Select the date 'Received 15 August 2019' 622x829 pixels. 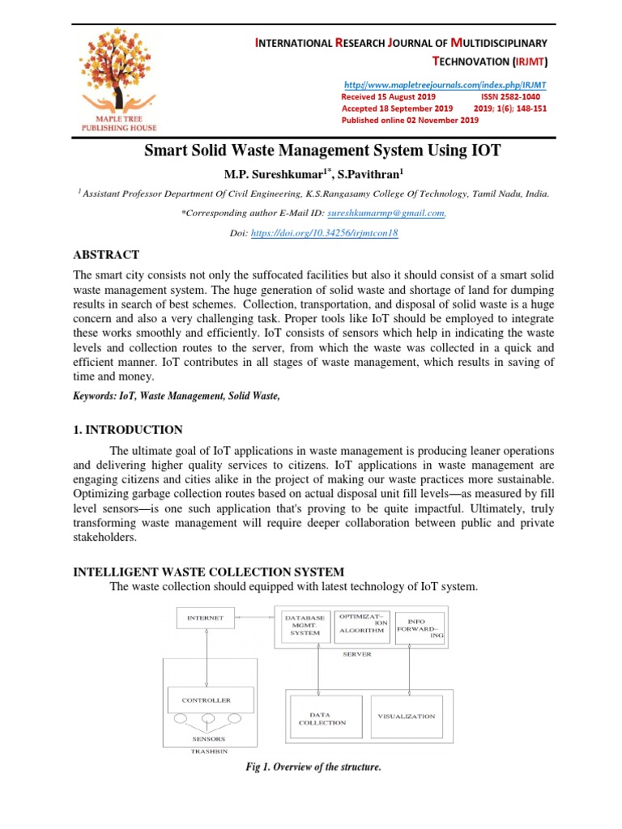point(390,96)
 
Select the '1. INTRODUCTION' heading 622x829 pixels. point(128,430)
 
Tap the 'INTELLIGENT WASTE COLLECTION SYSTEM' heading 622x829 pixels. point(208,572)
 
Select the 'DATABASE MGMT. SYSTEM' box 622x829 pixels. point(305,625)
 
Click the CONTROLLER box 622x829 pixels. point(207,700)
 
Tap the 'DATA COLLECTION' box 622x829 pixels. point(322,718)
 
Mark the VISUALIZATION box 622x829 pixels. point(407,716)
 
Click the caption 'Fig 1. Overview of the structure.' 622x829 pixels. point(313,767)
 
